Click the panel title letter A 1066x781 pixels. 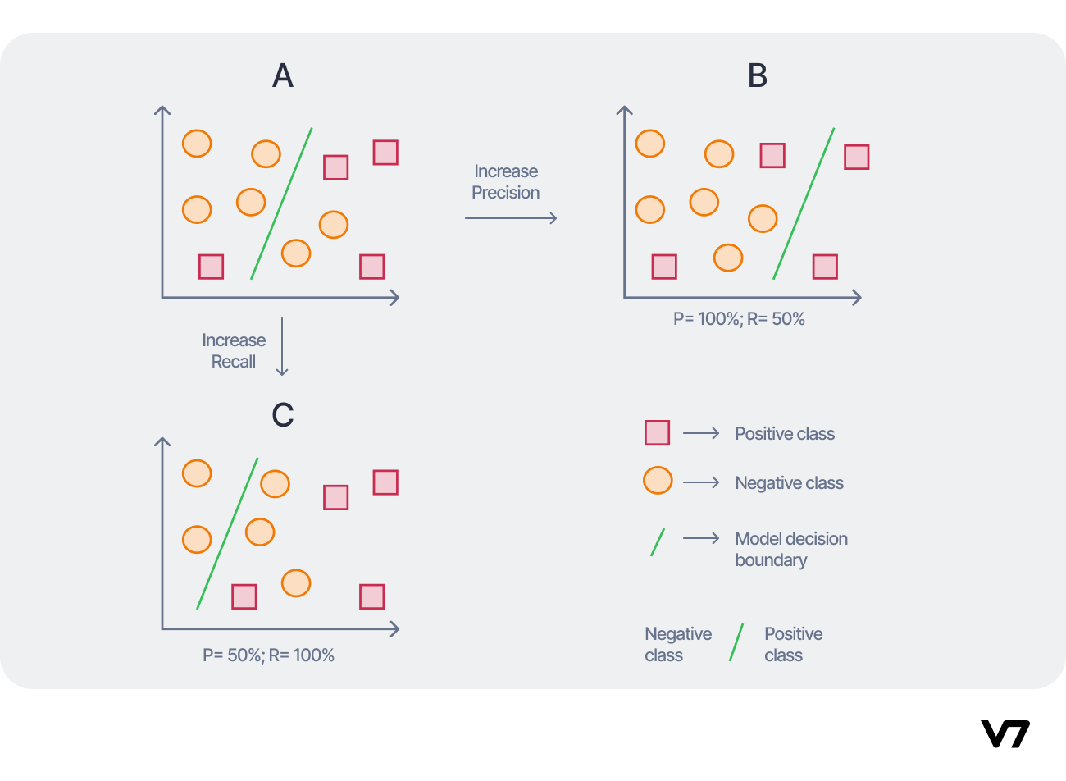[x=283, y=76]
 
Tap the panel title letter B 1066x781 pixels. [x=758, y=76]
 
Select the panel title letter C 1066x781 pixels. [x=283, y=415]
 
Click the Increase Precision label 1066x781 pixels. [x=506, y=182]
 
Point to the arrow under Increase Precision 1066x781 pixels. [x=511, y=218]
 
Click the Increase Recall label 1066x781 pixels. [x=234, y=351]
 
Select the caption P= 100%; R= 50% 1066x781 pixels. [x=739, y=319]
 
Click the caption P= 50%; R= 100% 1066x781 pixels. [x=268, y=655]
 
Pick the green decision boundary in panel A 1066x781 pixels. [x=281, y=203]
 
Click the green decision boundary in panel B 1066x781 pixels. [x=804, y=203]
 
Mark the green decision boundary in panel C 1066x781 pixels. [x=227, y=533]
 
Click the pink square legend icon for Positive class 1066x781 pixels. [x=657, y=433]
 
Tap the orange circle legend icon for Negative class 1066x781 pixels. [x=658, y=481]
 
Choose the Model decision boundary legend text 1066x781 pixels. [x=791, y=550]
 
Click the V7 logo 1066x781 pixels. [x=1005, y=733]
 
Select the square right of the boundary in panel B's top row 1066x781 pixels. [x=857, y=157]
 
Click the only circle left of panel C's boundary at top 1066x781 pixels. [x=197, y=473]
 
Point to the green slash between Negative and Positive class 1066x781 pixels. [x=736, y=642]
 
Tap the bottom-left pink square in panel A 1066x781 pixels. [x=212, y=267]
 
